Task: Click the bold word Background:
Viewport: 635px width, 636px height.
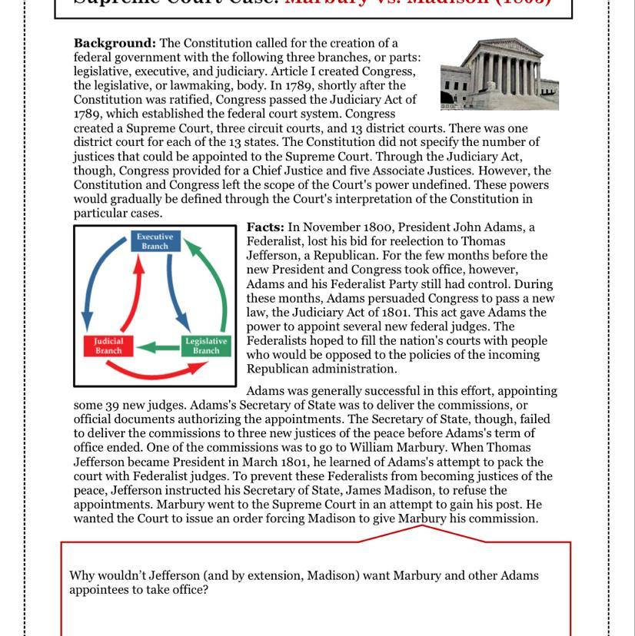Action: (115, 43)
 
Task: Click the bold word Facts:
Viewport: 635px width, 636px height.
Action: (265, 227)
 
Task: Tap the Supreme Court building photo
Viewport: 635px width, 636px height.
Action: (500, 74)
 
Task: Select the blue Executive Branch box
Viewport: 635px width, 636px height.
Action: (155, 241)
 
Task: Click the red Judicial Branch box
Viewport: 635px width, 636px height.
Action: (108, 346)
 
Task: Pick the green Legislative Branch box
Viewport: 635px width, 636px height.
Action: (206, 346)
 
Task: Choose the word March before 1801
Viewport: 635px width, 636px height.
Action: (260, 462)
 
